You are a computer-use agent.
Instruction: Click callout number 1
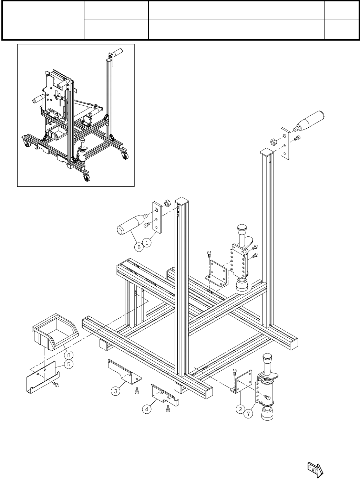(147, 243)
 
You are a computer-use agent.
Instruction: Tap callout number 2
(240, 409)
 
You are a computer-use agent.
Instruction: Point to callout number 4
(147, 409)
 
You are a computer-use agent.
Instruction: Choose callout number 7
(249, 414)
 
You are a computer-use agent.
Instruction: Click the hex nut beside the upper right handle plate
(272, 142)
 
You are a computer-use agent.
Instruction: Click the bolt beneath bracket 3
(137, 391)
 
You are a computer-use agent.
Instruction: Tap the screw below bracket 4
(168, 409)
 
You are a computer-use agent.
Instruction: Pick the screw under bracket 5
(56, 383)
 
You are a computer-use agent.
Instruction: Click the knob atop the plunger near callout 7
(267, 359)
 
